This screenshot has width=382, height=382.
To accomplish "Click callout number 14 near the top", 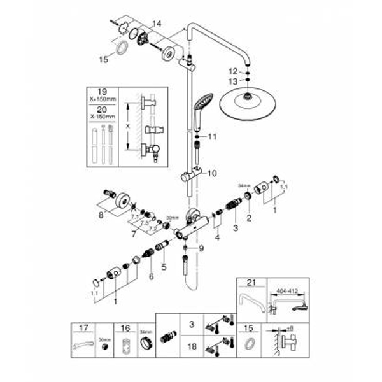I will pyautogui.click(x=158, y=24).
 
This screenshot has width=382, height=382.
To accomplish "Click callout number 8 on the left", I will pyautogui.click(x=100, y=216).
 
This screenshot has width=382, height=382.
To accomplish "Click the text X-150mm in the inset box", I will pyautogui.click(x=102, y=118).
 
